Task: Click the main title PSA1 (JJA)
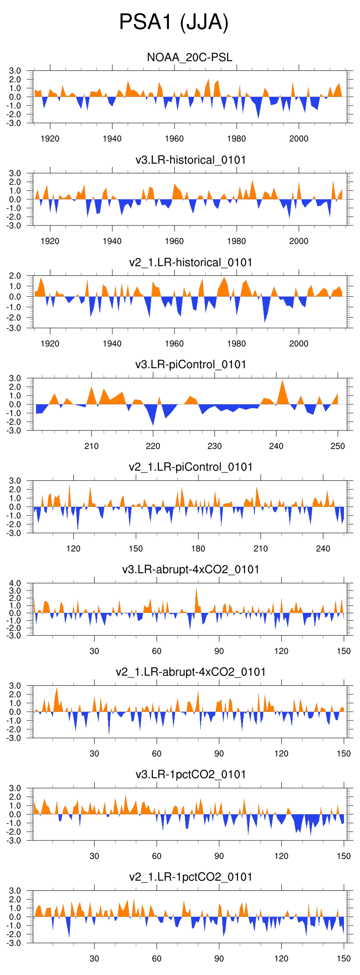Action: [x=174, y=22]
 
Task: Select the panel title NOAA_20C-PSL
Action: [x=190, y=57]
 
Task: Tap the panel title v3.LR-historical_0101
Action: [x=191, y=160]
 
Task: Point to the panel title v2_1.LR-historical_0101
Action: [x=191, y=262]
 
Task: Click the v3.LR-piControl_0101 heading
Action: [x=191, y=364]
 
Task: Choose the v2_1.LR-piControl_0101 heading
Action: [x=191, y=467]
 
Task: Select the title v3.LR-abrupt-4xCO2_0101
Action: [x=191, y=569]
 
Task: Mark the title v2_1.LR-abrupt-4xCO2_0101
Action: [x=191, y=672]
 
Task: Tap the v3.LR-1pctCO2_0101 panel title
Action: [x=191, y=774]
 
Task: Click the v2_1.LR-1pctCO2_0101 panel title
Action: [x=191, y=877]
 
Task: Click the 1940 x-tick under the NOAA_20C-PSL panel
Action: [x=112, y=139]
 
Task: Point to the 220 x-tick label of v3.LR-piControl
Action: [x=153, y=446]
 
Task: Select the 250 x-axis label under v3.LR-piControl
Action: [x=337, y=446]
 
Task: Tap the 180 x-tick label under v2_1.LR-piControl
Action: [x=198, y=549]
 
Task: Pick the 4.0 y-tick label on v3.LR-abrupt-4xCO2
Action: [x=15, y=583]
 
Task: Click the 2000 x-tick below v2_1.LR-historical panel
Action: [x=299, y=344]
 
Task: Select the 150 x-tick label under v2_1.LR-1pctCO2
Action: [x=343, y=958]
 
